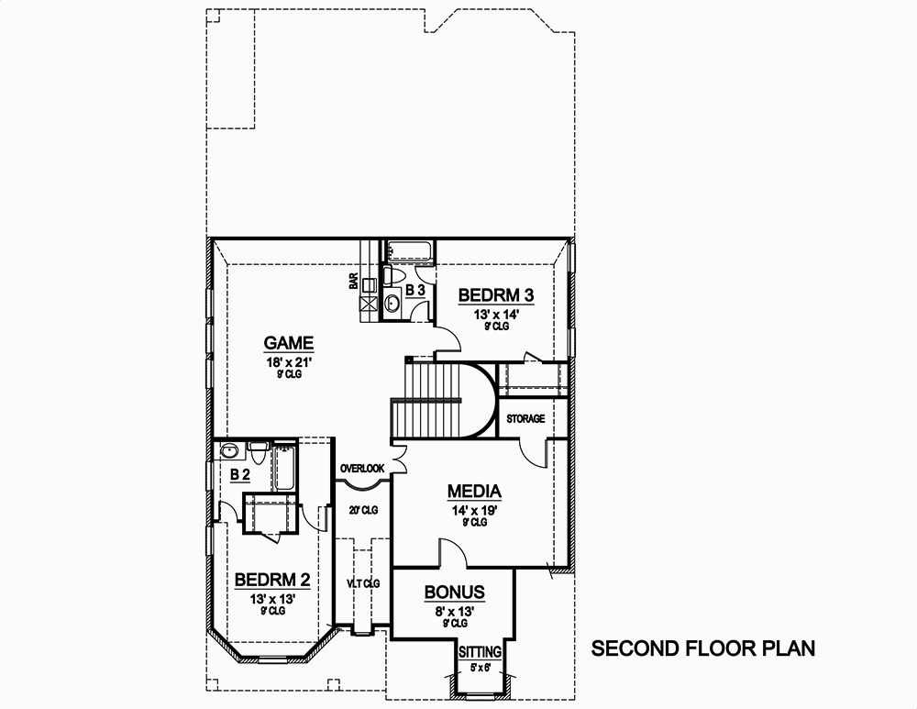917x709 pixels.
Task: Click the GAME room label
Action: pyautogui.click(x=289, y=343)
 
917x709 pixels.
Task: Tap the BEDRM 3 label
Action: pyautogui.click(x=495, y=295)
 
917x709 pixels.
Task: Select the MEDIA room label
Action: pyautogui.click(x=473, y=491)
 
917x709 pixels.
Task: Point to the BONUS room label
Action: pyautogui.click(x=454, y=593)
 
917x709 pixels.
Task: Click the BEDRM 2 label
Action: pyautogui.click(x=271, y=580)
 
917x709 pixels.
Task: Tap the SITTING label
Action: pyautogui.click(x=481, y=651)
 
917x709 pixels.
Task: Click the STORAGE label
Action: pyautogui.click(x=525, y=419)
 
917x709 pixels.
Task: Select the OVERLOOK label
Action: pyautogui.click(x=362, y=469)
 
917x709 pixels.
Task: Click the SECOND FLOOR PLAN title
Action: pyautogui.click(x=702, y=649)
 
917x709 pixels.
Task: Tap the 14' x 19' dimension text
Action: pyautogui.click(x=473, y=509)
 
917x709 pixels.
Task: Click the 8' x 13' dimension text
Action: pyautogui.click(x=454, y=610)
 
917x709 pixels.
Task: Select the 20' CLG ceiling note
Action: pyautogui.click(x=363, y=510)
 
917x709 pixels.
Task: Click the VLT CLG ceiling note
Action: pyautogui.click(x=363, y=583)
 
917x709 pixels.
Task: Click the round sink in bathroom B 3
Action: pyautogui.click(x=392, y=305)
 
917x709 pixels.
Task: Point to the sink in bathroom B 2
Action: pyautogui.click(x=229, y=450)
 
